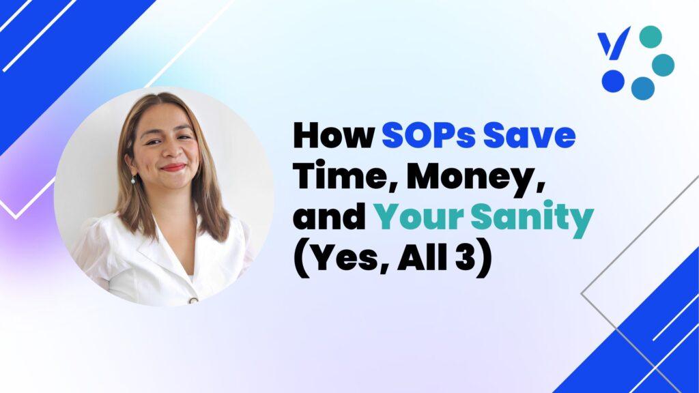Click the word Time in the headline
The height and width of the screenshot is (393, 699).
(x=344, y=176)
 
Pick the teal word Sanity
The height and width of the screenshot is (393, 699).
(x=532, y=218)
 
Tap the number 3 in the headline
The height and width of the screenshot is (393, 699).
(x=466, y=258)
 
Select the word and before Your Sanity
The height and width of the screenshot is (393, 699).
(x=330, y=217)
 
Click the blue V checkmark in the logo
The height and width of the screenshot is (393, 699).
(x=614, y=43)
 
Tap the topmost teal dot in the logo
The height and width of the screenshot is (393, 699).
(x=651, y=37)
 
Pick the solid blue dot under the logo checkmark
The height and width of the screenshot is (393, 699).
(x=613, y=81)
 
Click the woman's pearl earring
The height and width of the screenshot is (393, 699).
(x=133, y=180)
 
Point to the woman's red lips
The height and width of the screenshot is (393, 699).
(x=173, y=168)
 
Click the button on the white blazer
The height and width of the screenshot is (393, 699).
(x=193, y=300)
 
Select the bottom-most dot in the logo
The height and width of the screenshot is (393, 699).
(x=643, y=88)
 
